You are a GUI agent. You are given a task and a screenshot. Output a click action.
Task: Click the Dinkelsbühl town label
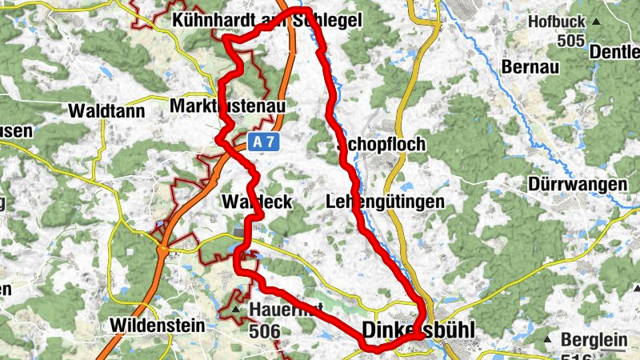[x=418, y=330]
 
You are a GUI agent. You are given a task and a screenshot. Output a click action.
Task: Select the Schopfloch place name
[x=382, y=145]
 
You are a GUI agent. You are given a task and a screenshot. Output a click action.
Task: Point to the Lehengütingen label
[x=385, y=202]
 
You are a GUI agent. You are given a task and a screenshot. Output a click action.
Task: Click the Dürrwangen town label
[x=578, y=184]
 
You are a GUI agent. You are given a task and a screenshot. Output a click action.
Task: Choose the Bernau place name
[x=529, y=66]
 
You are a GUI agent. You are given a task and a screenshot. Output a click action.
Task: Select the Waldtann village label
[x=106, y=111]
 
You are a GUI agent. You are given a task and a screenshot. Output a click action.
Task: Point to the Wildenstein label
[x=157, y=326]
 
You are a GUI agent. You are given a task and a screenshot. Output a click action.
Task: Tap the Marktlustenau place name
[x=227, y=106]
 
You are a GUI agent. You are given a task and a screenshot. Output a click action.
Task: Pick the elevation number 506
[x=263, y=329]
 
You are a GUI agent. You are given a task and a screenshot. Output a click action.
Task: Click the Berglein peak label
[x=593, y=340]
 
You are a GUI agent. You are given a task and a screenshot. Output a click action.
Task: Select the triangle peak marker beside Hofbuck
[x=596, y=22]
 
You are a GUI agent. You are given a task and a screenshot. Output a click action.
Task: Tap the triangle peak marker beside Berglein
[x=550, y=341]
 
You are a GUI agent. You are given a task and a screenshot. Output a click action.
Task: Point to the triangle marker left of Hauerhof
[x=235, y=309]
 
